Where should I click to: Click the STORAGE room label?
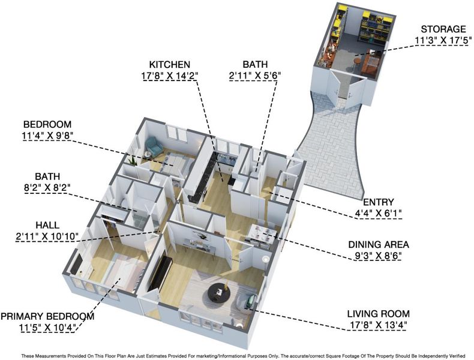point(443,29)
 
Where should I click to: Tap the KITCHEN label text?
point(170,64)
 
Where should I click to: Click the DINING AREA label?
point(379,244)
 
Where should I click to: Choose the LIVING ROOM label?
point(378,314)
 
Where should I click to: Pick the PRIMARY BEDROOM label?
point(47,316)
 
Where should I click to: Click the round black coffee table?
point(219,292)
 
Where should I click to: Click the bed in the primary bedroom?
point(120,273)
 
